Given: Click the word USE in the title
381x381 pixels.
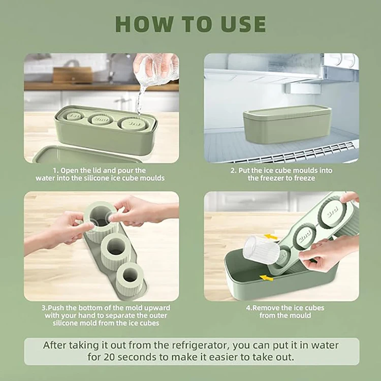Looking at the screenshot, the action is (x=243, y=24).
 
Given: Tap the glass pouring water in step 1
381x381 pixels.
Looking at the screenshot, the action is (x=156, y=69).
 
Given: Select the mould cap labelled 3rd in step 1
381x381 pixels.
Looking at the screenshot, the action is (x=133, y=123).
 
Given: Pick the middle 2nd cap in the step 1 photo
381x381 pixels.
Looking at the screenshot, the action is (x=101, y=119).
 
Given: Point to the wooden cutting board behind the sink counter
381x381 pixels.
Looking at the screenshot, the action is (x=73, y=75).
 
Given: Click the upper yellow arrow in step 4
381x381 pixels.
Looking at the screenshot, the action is (x=271, y=236).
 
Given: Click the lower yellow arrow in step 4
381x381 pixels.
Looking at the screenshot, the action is (x=266, y=278).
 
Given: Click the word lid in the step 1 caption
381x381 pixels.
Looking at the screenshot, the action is (x=98, y=170).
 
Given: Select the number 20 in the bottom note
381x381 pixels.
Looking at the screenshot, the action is (x=110, y=357).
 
